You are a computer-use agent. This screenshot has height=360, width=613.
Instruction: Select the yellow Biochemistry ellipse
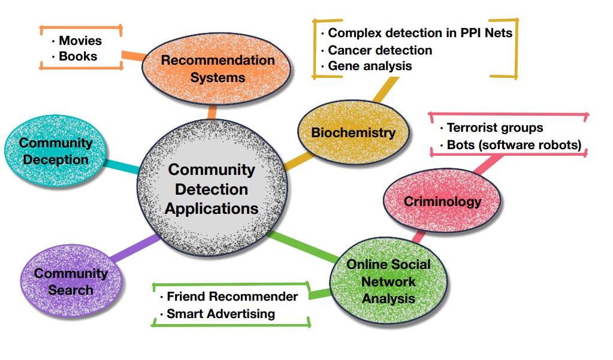[x=354, y=132]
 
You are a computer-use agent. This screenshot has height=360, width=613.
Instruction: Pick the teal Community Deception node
[x=56, y=151]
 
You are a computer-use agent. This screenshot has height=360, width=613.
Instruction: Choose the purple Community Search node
[x=71, y=282]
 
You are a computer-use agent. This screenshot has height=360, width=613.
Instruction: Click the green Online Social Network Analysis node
[x=388, y=281]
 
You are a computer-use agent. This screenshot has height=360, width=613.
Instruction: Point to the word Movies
[x=80, y=41]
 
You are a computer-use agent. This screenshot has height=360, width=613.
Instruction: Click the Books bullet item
[x=78, y=56]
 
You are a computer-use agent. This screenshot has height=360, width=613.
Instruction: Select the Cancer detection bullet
[x=380, y=50]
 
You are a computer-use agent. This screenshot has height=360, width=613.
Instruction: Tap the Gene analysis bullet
[x=370, y=66]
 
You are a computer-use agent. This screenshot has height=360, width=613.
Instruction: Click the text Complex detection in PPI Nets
[x=420, y=33]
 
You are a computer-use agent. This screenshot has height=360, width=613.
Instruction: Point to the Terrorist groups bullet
[x=495, y=128]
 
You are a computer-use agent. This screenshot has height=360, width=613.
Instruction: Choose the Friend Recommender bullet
[x=232, y=297]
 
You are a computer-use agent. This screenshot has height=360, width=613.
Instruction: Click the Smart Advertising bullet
[x=221, y=313]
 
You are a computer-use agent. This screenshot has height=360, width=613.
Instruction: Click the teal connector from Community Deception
[x=123, y=166]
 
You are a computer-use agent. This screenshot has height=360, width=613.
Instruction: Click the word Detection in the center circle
[x=212, y=189]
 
